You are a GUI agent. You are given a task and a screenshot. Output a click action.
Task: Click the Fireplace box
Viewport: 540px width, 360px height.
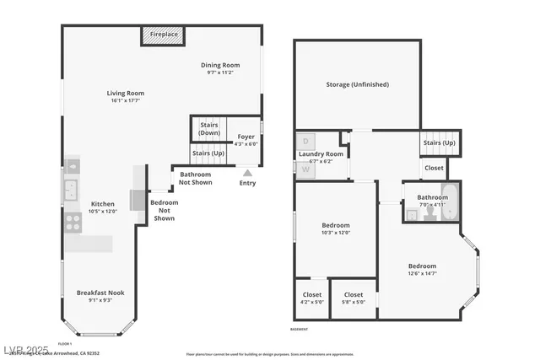(x=159, y=35)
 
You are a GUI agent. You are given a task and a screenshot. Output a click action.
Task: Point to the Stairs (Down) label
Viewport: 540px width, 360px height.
(x=209, y=129)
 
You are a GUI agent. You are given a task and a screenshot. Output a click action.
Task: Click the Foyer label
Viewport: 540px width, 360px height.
(x=246, y=136)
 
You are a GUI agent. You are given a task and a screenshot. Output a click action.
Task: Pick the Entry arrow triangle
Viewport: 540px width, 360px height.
(x=247, y=173)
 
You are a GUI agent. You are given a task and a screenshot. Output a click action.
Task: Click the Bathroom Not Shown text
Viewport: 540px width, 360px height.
(x=196, y=178)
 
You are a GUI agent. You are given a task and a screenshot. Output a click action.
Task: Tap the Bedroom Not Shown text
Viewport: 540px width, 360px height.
(x=164, y=210)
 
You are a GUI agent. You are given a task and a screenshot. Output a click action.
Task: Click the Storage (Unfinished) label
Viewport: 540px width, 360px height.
(x=357, y=84)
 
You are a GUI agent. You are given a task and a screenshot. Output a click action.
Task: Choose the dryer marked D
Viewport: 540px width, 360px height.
(x=305, y=141)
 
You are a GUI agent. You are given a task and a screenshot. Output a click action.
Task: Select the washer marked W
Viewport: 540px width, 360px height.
(x=305, y=169)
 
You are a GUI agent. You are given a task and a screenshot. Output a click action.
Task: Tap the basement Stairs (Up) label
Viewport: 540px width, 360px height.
(x=439, y=143)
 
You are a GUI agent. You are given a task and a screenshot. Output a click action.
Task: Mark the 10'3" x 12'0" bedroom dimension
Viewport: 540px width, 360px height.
(x=335, y=233)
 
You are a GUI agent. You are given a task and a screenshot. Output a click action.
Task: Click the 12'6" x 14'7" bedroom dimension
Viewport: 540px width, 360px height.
(x=422, y=273)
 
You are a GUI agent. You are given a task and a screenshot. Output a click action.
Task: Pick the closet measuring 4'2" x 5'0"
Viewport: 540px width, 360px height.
(x=311, y=301)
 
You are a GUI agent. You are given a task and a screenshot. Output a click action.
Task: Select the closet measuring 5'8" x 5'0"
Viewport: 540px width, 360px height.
(x=354, y=301)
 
